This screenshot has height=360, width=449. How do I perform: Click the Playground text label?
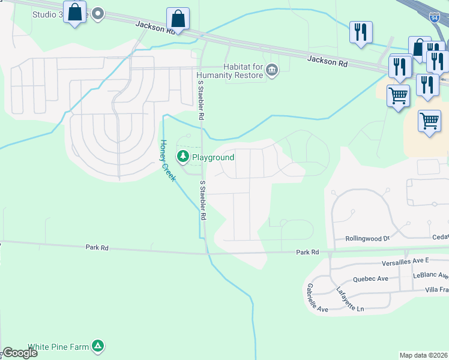click(x=212, y=157)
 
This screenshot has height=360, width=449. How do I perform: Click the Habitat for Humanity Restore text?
click(x=230, y=71)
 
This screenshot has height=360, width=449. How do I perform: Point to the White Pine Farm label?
click(x=59, y=346)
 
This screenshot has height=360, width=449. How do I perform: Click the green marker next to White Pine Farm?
click(x=98, y=346)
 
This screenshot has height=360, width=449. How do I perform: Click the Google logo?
click(x=20, y=353)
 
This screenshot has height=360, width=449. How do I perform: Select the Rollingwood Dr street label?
click(x=367, y=238)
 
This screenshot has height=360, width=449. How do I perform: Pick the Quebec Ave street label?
click(x=370, y=278)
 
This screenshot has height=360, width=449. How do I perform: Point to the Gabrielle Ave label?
click(x=317, y=298)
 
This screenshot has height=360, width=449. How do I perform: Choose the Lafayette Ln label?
click(x=351, y=298)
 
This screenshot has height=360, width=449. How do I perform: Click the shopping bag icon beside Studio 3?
click(x=75, y=12)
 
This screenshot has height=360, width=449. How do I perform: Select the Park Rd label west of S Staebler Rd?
click(x=97, y=247)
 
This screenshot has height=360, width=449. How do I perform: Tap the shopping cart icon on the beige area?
click(x=429, y=121)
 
